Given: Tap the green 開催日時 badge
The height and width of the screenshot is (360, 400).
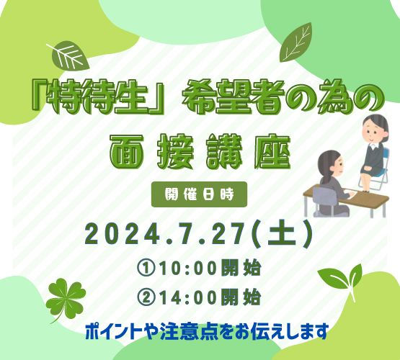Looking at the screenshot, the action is (199, 194).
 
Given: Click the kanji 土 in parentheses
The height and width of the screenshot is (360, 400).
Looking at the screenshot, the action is (283, 235).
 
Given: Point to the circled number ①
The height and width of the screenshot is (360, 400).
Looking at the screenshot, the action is (146, 269).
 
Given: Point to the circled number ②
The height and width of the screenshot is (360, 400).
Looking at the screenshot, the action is (146, 297).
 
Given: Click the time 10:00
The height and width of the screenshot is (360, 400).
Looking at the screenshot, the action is (189, 269).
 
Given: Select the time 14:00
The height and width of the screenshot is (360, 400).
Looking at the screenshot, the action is (189, 297).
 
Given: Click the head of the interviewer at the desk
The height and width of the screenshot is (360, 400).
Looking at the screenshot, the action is (330, 163).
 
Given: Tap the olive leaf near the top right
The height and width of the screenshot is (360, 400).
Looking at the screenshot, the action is (295, 42).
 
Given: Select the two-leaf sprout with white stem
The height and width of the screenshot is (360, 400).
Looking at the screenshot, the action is (342, 280).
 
